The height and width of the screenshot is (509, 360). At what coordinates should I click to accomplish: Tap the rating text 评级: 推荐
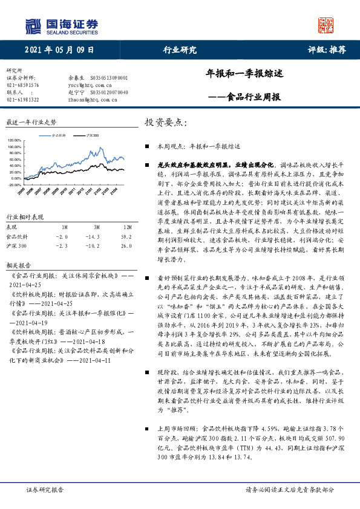[x=326, y=51]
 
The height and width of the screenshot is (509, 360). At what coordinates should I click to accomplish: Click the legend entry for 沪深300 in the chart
[x=91, y=137]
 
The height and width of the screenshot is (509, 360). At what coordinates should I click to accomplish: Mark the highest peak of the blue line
[x=99, y=148]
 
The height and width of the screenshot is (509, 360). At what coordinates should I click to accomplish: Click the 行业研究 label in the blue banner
[x=180, y=51]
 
